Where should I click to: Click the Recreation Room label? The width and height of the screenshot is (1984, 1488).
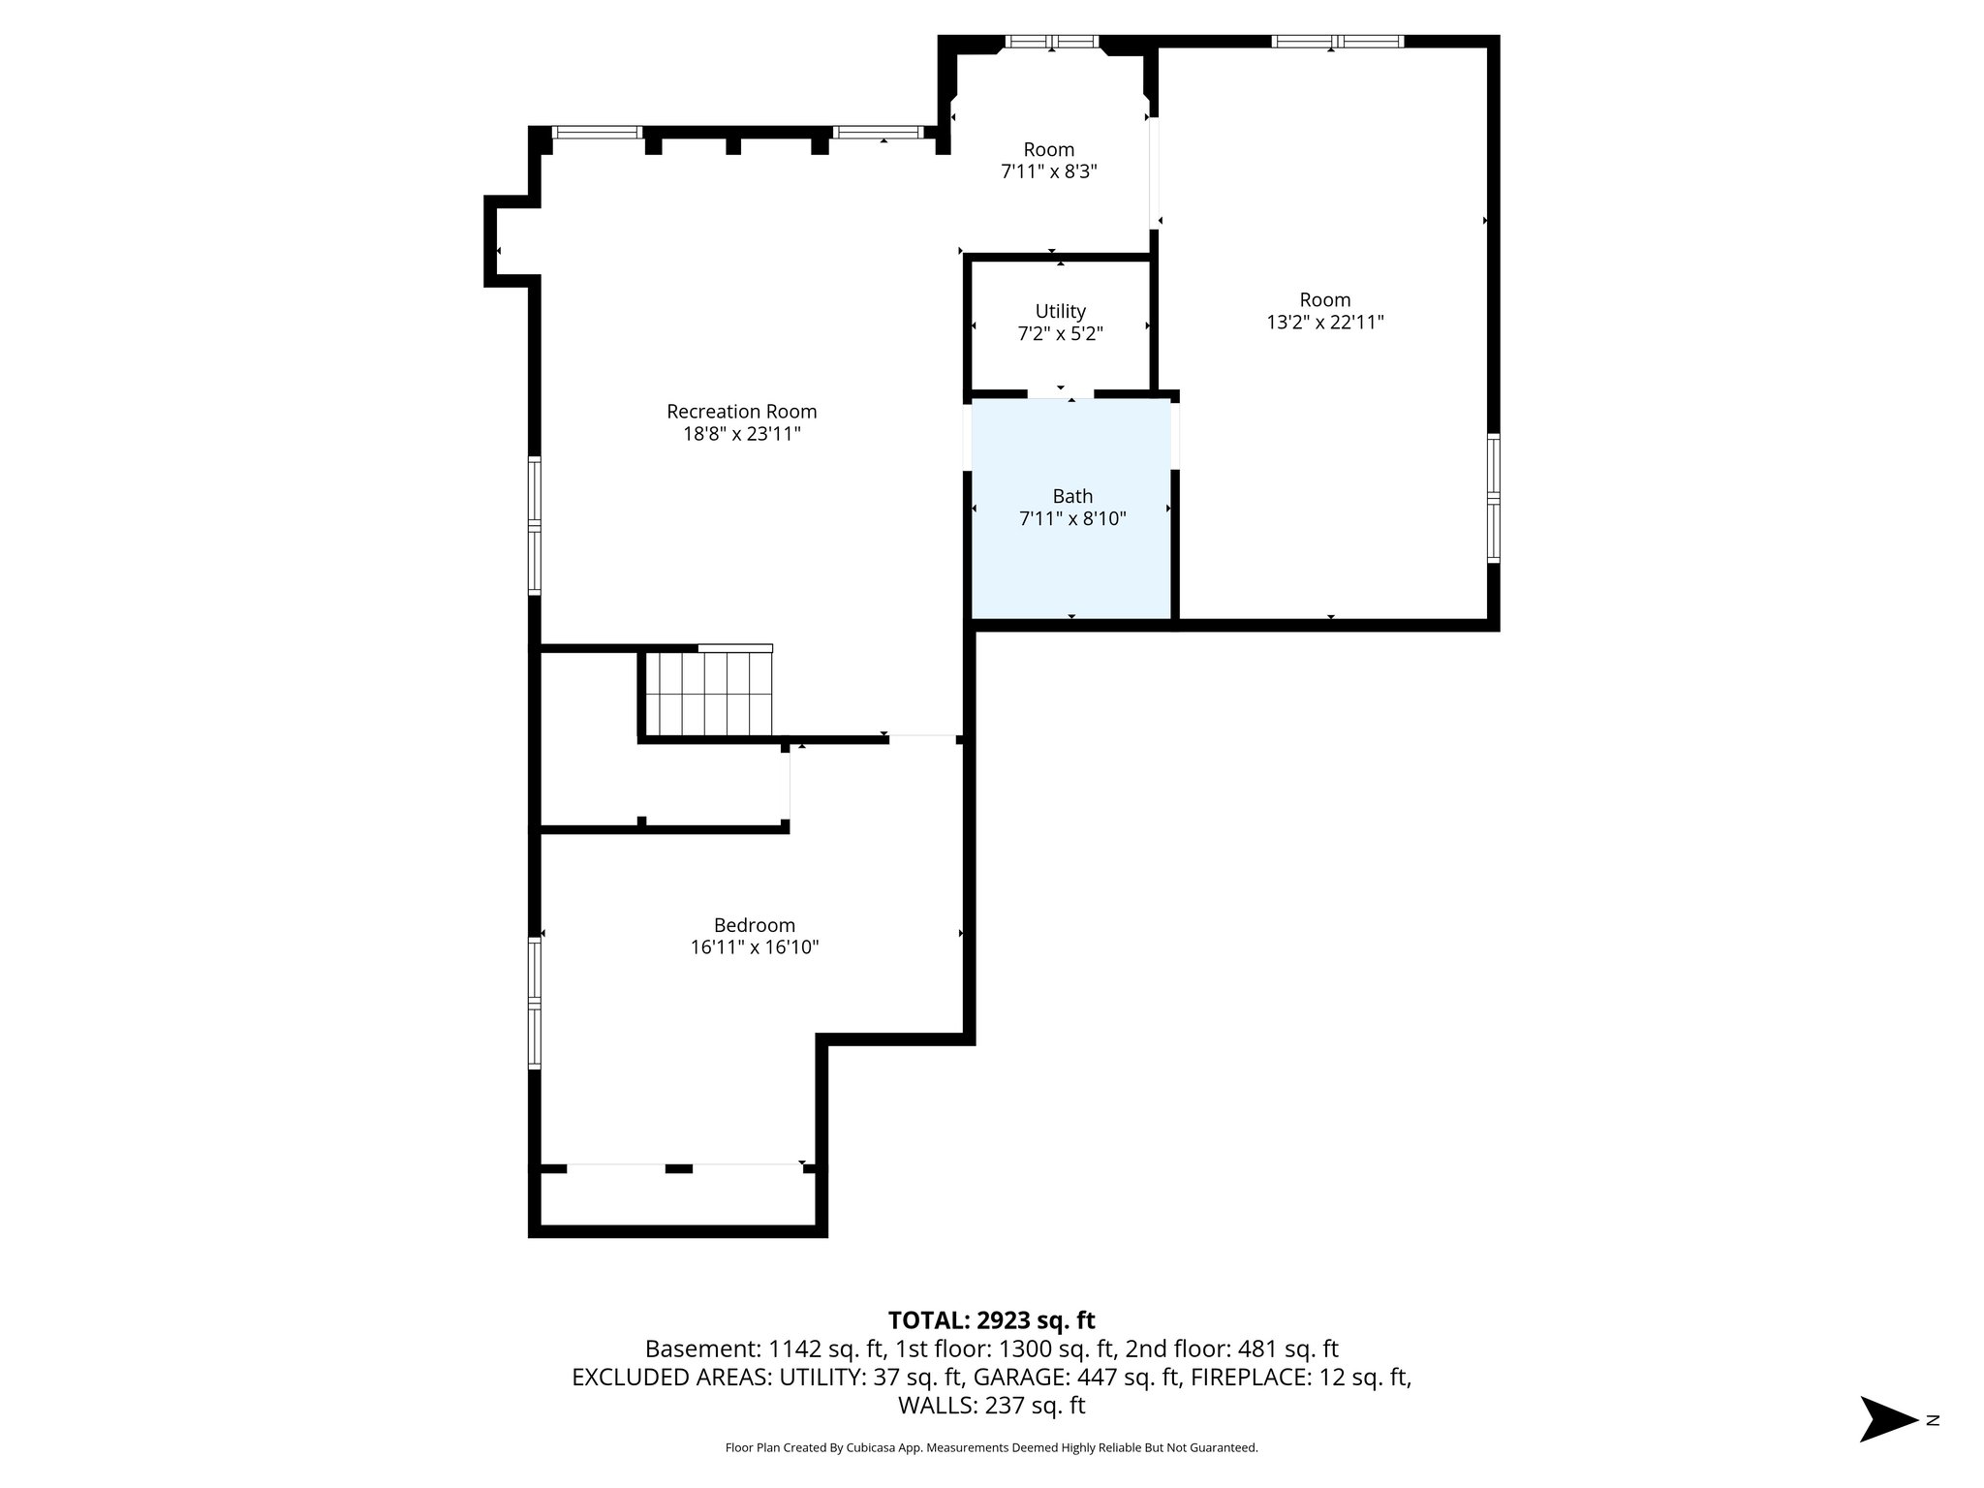coord(741,412)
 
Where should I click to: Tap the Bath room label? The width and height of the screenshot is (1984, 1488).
coord(1072,497)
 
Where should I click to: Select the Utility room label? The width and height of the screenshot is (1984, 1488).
coord(1060,311)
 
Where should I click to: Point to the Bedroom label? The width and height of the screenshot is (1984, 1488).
coord(754,925)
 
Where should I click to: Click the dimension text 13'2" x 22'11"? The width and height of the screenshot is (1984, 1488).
coord(1324,323)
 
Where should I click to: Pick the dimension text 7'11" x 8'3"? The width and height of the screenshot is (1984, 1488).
coord(1048,172)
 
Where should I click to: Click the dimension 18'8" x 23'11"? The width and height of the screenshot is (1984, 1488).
coord(741,434)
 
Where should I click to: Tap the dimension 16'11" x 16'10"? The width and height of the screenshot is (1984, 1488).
coord(754,947)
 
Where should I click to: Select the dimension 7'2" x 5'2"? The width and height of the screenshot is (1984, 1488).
coord(1060,334)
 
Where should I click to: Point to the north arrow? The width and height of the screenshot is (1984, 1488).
coord(1887,1420)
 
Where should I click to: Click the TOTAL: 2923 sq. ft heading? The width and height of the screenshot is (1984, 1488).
coord(991,1320)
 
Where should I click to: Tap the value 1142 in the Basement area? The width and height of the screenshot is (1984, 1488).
coord(794,1348)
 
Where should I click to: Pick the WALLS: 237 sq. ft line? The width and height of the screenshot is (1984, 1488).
coord(991,1405)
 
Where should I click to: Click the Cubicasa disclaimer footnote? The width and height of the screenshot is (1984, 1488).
coord(991,1448)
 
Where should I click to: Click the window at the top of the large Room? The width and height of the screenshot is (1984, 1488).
coord(1337,42)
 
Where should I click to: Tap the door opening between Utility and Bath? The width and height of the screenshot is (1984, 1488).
coord(1060,394)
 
